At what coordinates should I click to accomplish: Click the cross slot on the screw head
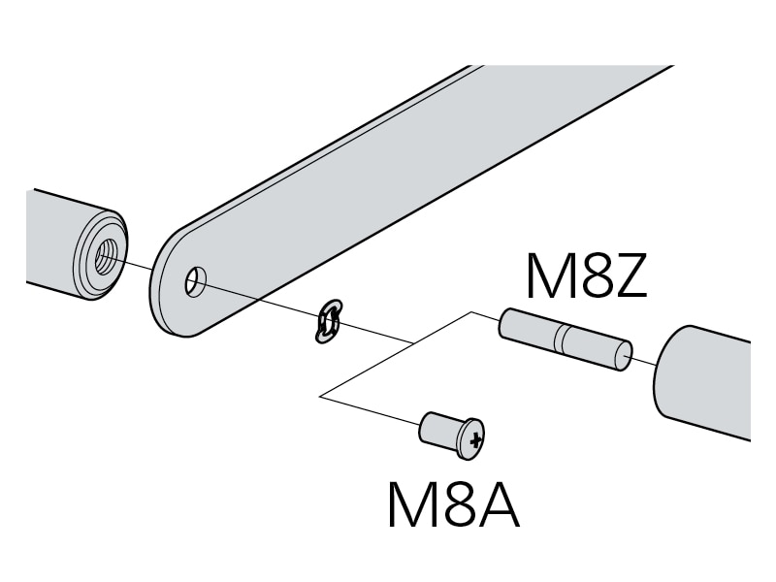coord(474,441)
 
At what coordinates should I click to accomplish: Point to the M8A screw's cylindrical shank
coord(437,429)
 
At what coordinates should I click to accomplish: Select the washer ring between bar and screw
coord(328,322)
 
